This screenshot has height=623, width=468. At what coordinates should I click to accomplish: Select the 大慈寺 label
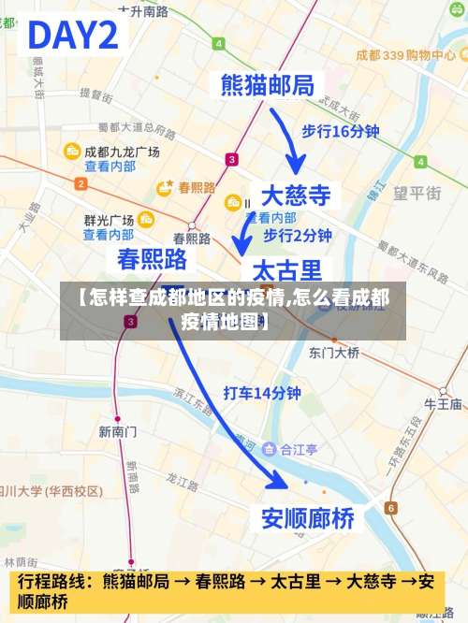[296, 195]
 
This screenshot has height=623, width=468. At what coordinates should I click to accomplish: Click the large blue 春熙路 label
[152, 259]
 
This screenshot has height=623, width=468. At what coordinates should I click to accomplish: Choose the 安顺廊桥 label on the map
[308, 518]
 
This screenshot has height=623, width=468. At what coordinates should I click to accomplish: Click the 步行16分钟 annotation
[340, 132]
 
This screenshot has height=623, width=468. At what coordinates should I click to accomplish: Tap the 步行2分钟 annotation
[298, 234]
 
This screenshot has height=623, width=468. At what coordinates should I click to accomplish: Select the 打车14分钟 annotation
[263, 394]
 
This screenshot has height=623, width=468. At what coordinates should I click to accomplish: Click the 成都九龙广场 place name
[122, 152]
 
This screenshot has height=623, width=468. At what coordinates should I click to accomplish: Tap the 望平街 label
[417, 194]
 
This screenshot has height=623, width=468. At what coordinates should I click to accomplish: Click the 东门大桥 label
[334, 353]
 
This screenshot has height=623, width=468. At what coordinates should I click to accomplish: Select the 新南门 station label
[118, 431]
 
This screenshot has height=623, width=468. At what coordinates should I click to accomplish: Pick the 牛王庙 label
[444, 404]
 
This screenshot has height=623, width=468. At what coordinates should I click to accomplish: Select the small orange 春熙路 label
[197, 187]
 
